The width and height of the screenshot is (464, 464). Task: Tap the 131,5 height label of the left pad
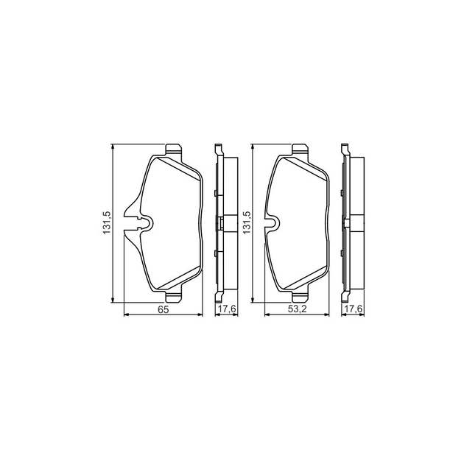click(x=105, y=222)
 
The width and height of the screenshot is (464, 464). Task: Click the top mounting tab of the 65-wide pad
click(x=173, y=150)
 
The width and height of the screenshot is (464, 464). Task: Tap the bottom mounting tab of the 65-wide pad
click(x=173, y=295)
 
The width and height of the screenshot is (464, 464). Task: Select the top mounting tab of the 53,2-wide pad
click(x=300, y=150)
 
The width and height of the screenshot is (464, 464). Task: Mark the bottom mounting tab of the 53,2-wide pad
click(x=300, y=295)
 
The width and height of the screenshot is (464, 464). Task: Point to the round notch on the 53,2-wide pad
click(x=271, y=222)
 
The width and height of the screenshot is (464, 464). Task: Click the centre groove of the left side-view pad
click(x=220, y=222)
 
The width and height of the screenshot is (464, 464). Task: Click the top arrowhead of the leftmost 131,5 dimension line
click(x=113, y=147)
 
